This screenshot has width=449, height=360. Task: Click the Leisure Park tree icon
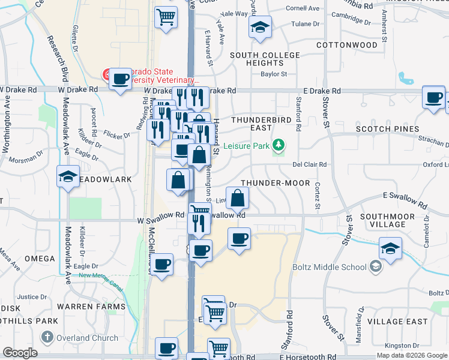click(278, 145)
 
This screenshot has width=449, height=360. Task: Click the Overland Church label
click(87, 338)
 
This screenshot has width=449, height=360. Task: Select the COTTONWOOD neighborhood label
click(346, 45)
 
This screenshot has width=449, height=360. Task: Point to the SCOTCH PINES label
click(387, 129)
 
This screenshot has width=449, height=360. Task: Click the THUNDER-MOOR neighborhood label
click(275, 182)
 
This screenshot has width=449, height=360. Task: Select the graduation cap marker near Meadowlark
click(68, 176)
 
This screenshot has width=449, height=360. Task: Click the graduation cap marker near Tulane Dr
click(260, 27)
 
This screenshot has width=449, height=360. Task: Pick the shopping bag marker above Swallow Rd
click(238, 197)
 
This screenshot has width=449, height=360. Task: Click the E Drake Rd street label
click(322, 91)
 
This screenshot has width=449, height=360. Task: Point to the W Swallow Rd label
click(160, 215)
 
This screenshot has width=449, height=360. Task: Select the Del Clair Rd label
click(309, 164)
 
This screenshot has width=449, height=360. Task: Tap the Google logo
click(20, 353)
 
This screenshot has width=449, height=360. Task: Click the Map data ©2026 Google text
click(412, 355)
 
